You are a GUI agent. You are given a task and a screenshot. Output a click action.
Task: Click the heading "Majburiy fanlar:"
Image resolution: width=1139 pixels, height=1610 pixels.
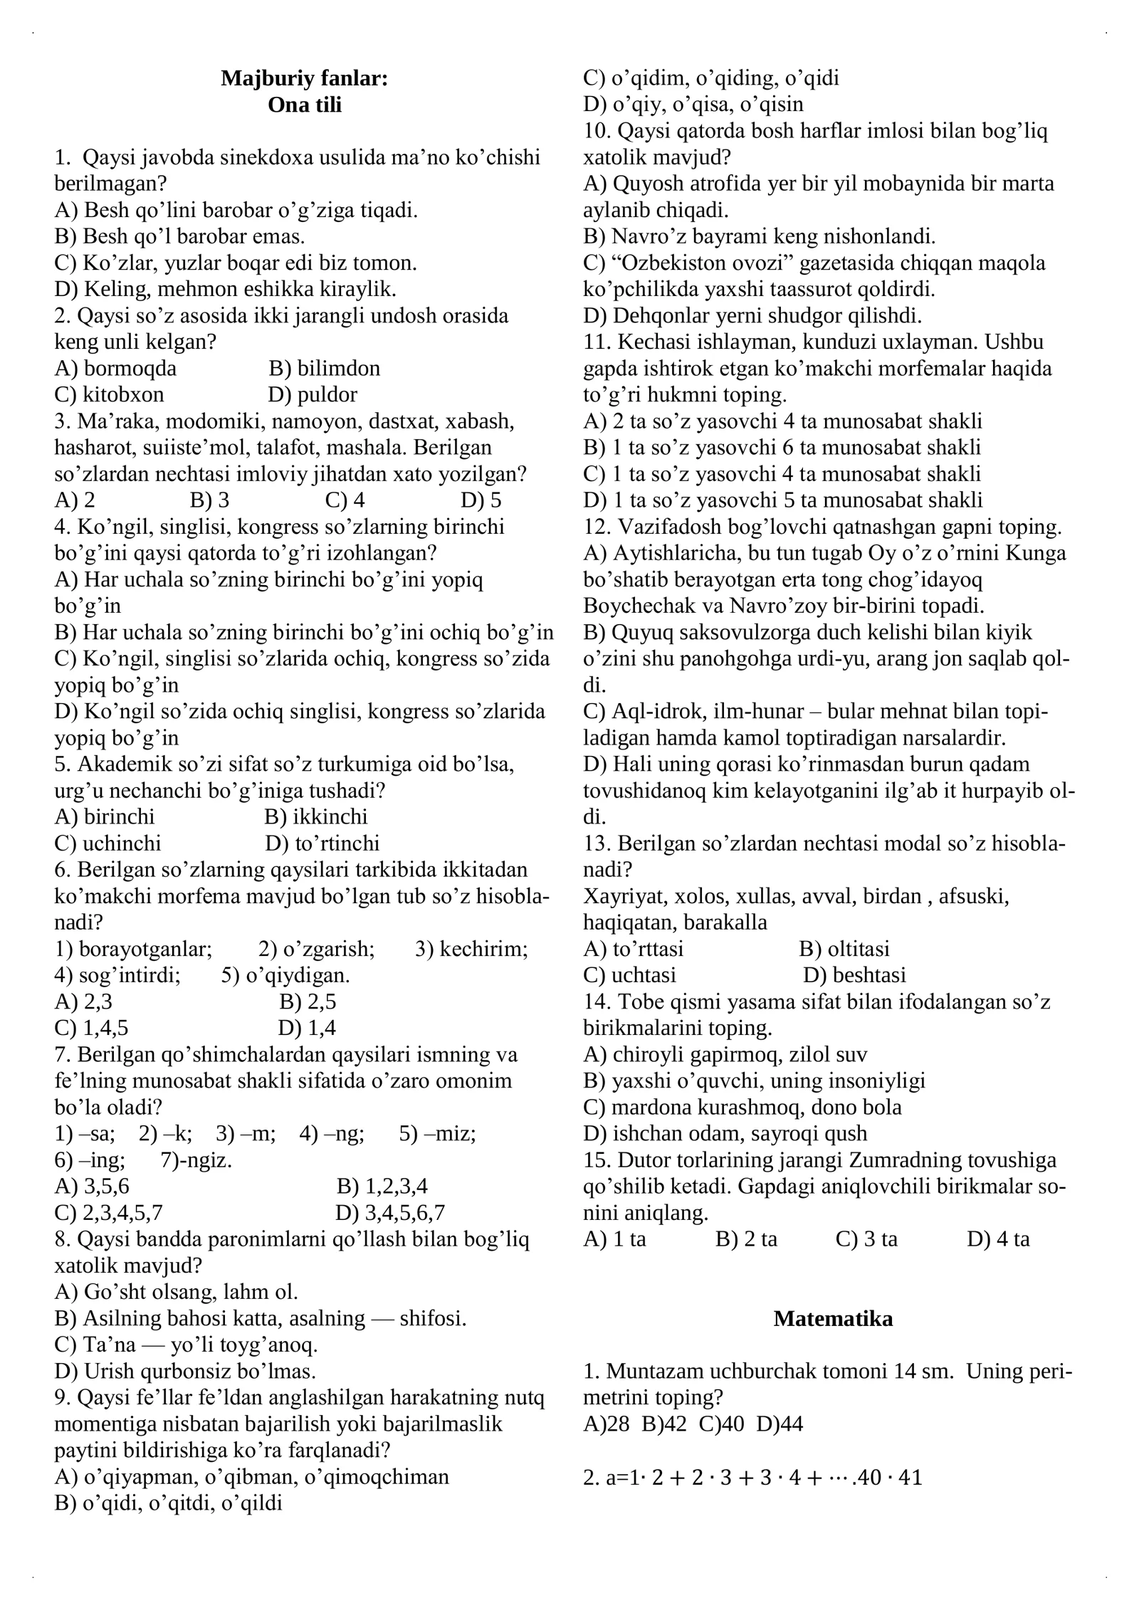(x=304, y=78)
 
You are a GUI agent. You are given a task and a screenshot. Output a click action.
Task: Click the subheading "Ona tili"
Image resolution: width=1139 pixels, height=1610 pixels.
(x=304, y=105)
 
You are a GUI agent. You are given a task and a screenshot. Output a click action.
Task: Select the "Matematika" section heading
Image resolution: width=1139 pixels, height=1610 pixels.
(x=832, y=1318)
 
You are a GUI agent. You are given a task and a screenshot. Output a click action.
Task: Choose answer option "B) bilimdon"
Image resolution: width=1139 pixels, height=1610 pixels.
(x=324, y=368)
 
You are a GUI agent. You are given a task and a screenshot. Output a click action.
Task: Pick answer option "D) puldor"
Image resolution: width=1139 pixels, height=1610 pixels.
(x=313, y=394)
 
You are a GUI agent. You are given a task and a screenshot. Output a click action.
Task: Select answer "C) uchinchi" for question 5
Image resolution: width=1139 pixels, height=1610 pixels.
(x=107, y=843)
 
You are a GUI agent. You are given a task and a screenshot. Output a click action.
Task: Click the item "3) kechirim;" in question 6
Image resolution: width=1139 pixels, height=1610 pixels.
(x=471, y=949)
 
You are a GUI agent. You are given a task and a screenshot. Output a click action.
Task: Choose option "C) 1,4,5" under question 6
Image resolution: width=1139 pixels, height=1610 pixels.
(x=91, y=1028)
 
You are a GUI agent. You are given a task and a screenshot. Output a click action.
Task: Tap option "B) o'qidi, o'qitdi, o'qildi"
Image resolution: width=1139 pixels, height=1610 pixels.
(x=168, y=1503)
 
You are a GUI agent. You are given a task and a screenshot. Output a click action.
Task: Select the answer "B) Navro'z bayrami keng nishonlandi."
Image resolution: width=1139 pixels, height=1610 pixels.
(x=759, y=236)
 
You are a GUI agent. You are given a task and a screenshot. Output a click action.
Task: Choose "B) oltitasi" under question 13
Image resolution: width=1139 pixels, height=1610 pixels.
(x=844, y=949)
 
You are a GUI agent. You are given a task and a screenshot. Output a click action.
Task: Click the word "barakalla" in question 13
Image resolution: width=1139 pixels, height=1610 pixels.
(x=725, y=922)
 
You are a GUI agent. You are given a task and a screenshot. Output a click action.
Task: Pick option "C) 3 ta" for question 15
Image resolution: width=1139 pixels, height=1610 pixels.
(x=866, y=1239)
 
